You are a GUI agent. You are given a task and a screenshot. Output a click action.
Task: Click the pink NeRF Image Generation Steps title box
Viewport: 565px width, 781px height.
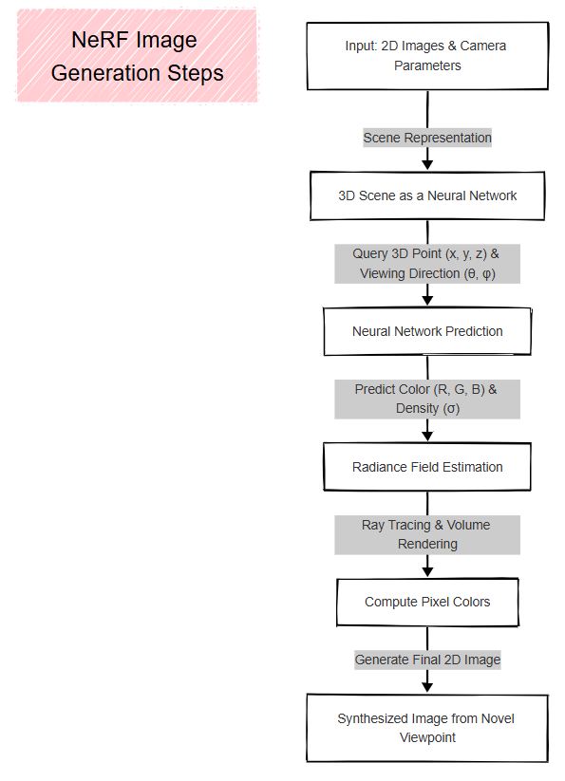tap(137, 56)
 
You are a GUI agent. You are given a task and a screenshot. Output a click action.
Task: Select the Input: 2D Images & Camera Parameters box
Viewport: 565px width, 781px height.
tap(427, 56)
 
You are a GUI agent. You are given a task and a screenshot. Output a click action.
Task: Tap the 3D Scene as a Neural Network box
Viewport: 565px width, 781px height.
tap(427, 195)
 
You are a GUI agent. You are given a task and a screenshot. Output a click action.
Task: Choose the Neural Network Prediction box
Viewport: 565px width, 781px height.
tap(427, 331)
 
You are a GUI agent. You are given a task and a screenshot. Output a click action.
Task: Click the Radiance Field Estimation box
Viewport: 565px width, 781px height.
tap(427, 467)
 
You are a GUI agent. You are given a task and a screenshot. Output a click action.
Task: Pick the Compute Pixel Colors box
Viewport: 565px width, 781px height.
tap(427, 602)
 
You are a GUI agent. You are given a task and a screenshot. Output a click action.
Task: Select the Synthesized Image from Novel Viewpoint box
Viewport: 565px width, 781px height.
tap(427, 728)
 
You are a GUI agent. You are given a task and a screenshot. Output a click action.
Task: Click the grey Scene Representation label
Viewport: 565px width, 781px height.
tap(427, 138)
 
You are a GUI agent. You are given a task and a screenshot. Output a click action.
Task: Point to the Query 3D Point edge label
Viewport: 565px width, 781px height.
tap(427, 264)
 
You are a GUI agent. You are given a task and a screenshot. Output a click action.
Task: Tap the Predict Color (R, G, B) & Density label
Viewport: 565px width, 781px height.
tap(427, 399)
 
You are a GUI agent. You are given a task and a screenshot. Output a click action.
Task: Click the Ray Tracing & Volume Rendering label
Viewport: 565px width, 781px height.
tap(427, 534)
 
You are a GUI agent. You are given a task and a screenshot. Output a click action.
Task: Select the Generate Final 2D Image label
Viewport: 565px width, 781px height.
tap(427, 660)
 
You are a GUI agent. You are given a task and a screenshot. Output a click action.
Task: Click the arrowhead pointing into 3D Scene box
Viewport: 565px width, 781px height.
tap(427, 165)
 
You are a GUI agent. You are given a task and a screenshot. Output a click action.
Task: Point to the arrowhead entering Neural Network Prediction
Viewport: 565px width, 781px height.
tap(427, 300)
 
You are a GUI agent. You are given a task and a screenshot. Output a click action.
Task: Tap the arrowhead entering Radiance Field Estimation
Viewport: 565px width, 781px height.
tap(427, 436)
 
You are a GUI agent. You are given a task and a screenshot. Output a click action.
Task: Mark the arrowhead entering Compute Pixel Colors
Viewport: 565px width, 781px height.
tap(427, 571)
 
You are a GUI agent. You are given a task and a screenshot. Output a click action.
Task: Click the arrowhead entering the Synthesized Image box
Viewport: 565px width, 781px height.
tap(427, 687)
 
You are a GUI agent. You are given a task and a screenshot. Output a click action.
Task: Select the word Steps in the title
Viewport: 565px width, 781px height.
tap(196, 74)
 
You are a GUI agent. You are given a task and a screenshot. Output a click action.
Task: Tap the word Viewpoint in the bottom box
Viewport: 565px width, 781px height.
tap(427, 737)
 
